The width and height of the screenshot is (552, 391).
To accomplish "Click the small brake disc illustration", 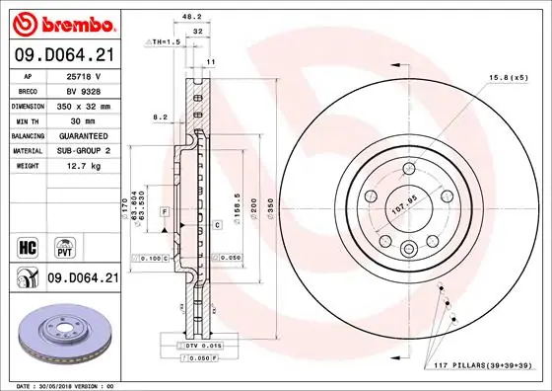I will (63, 336).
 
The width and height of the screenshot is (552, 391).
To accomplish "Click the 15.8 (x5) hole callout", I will (508, 77).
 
